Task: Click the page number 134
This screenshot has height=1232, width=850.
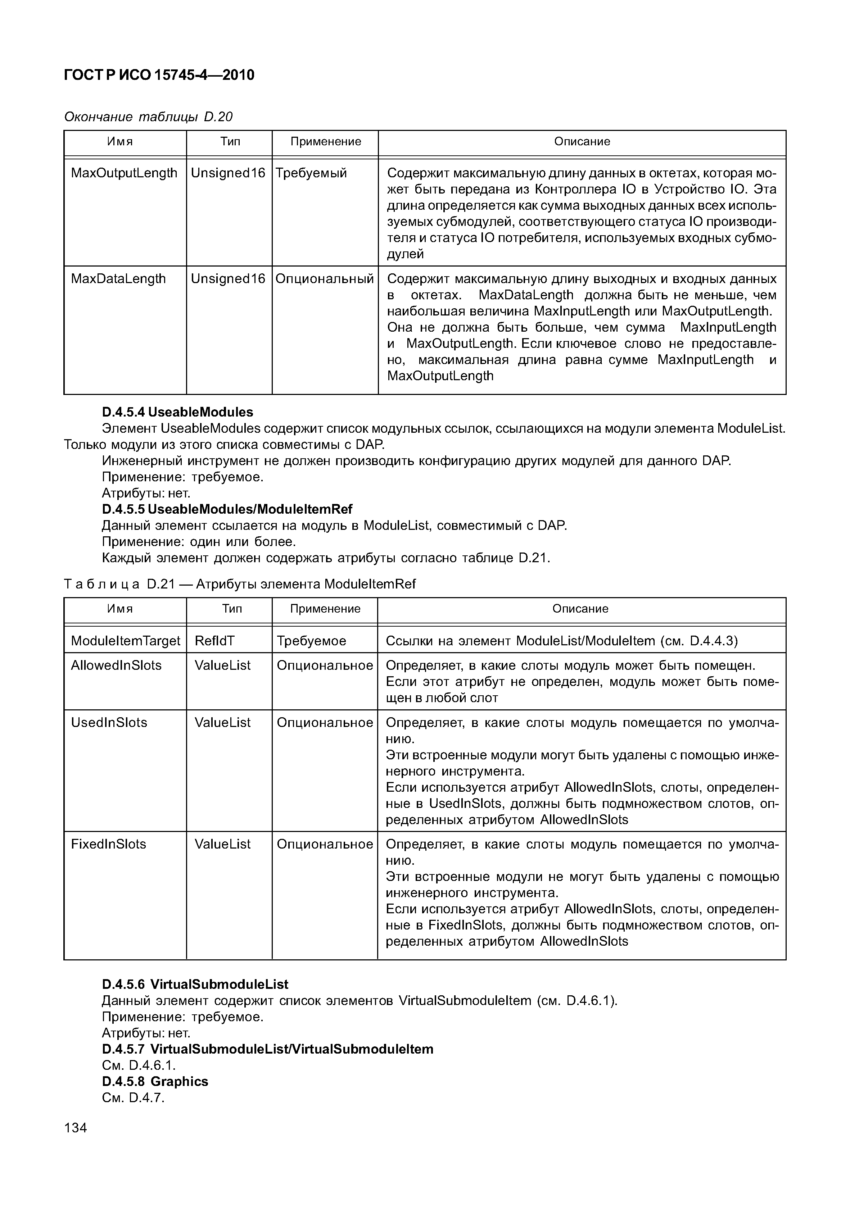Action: (x=75, y=1128)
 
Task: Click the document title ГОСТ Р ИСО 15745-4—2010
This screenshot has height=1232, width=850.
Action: (x=159, y=75)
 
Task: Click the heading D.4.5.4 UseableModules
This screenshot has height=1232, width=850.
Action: (x=177, y=412)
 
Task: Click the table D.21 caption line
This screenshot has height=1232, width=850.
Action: (x=240, y=584)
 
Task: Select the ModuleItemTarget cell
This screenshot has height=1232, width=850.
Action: (x=125, y=641)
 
